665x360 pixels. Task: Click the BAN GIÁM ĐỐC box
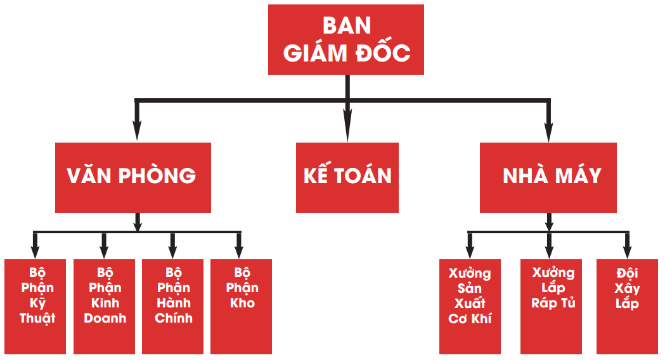tap(346, 39)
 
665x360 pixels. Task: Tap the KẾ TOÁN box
tap(347, 177)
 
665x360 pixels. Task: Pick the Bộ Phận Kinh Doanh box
tap(105, 306)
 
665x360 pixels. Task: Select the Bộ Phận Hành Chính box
tap(173, 306)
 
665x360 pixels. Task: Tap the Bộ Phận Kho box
tap(242, 306)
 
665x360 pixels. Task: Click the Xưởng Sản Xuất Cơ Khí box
tap(470, 306)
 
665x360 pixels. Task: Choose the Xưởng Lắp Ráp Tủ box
tap(553, 306)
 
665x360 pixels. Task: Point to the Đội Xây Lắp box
tap(627, 306)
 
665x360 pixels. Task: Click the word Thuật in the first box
tap(37, 318)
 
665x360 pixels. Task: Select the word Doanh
tap(105, 318)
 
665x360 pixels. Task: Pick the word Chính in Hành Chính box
tap(173, 318)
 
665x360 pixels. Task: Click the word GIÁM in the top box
tap(313, 53)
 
